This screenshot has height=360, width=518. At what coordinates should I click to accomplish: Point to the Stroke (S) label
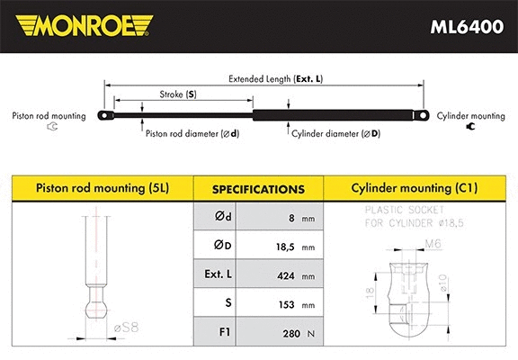[x=177, y=94]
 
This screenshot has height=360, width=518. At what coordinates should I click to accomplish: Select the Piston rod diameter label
[x=192, y=133]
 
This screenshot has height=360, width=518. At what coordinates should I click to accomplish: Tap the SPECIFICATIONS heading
[x=257, y=190]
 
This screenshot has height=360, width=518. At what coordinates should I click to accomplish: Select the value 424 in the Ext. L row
[x=285, y=275]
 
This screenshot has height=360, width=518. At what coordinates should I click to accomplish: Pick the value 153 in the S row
[x=285, y=305]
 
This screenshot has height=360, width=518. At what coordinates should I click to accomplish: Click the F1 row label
[x=227, y=334]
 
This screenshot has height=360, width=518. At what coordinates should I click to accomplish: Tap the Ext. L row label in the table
[x=227, y=275]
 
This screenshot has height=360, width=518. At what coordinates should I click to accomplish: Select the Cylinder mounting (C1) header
[x=415, y=189]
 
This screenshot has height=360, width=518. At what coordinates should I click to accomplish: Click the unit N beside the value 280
[x=311, y=336]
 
